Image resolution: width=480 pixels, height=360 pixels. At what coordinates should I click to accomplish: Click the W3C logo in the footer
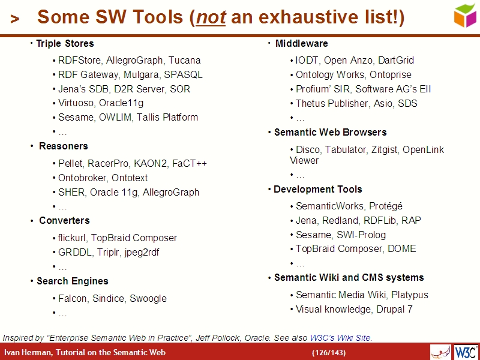point(466,352)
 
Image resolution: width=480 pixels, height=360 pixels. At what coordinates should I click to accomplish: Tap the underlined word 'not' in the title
point(211,18)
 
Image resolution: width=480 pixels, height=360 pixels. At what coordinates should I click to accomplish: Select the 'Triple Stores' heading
point(65,43)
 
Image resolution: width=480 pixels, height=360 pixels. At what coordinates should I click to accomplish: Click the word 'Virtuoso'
point(76,103)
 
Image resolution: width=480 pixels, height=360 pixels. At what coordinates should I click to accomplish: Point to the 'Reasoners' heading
point(63,146)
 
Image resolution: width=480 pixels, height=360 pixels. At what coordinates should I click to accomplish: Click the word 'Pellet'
point(70,163)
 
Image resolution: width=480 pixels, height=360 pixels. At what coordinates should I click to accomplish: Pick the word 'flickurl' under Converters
point(72,238)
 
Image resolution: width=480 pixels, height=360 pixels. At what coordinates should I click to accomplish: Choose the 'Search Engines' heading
point(72,281)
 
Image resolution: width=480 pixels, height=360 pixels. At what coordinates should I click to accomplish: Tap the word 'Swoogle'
point(148,298)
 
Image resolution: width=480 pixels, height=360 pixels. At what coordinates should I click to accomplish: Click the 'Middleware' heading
point(301,43)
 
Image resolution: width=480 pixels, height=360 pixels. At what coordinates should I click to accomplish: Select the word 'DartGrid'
point(396,60)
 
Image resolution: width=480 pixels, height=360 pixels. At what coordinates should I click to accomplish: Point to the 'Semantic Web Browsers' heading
point(330,132)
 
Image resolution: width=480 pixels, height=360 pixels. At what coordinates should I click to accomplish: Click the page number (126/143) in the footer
point(329,352)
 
